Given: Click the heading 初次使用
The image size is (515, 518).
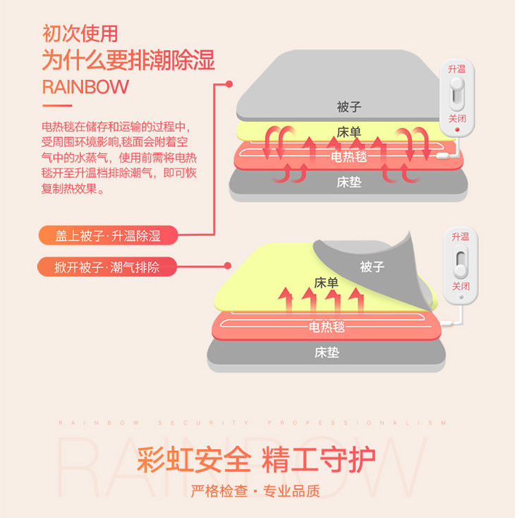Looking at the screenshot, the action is (x=80, y=33).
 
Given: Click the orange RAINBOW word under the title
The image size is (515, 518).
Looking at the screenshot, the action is (x=85, y=87).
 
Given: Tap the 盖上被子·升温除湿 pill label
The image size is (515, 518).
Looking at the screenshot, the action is (x=108, y=236).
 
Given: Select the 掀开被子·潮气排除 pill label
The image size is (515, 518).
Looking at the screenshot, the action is (x=107, y=266).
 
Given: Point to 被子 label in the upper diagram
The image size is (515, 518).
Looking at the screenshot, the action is (x=349, y=107).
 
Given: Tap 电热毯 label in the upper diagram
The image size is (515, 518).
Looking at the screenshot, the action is (x=349, y=156).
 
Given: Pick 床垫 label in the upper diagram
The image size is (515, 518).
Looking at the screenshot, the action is (x=349, y=182).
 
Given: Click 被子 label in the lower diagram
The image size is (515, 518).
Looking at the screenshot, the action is (x=371, y=266).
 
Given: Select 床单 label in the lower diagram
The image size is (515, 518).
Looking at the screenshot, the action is (x=326, y=283).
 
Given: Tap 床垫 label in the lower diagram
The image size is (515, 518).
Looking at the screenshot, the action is (x=327, y=352).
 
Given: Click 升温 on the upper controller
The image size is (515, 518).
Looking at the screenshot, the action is (x=456, y=69).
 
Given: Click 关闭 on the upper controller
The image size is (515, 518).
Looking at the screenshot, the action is (x=456, y=118).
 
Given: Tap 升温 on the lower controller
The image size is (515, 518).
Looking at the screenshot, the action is (x=460, y=237).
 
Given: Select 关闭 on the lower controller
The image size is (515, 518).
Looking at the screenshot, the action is (x=460, y=286).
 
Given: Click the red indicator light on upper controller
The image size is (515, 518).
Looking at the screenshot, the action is (x=456, y=129).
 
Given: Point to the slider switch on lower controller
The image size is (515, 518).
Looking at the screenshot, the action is (x=460, y=262).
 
